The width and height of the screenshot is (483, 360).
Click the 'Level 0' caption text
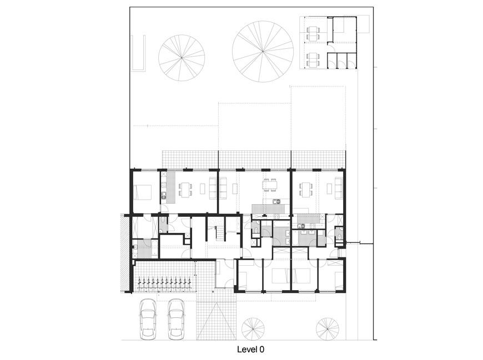[x=250, y=349]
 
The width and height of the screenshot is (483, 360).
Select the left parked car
[x=148, y=320]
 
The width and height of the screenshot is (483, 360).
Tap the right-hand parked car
[x=176, y=320]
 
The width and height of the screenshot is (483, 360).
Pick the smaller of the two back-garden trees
[x=182, y=58]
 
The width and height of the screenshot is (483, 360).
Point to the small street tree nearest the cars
[x=253, y=329]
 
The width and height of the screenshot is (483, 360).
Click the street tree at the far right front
[x=327, y=329]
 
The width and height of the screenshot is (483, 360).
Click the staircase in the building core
[x=220, y=233]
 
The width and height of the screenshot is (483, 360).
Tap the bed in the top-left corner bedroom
[x=143, y=192]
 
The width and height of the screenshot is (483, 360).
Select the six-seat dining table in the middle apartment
[x=270, y=185]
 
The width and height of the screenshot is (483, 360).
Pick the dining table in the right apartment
[x=305, y=189]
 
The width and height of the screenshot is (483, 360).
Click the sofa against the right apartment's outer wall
[x=338, y=187]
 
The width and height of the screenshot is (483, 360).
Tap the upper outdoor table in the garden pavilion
[x=313, y=33]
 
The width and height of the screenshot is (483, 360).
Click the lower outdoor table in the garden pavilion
[x=313, y=59]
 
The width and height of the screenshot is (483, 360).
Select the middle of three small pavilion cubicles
[x=342, y=60]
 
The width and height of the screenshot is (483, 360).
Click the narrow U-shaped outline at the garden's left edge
[x=138, y=54]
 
